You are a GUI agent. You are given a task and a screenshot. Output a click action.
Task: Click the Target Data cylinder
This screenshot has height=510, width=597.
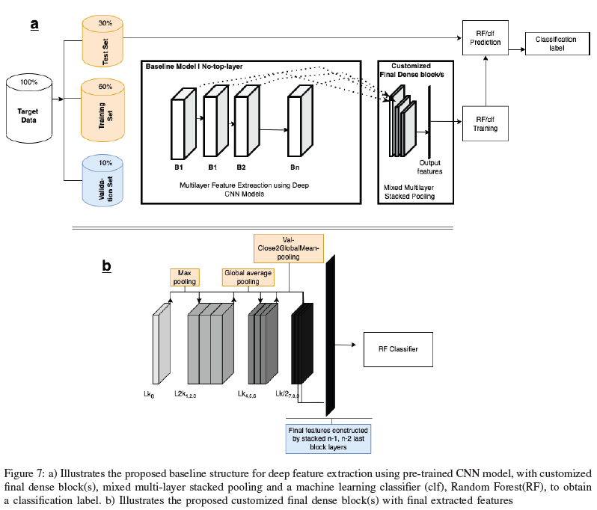[x=28, y=113]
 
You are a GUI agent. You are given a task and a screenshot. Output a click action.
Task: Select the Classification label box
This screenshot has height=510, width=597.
[x=553, y=43]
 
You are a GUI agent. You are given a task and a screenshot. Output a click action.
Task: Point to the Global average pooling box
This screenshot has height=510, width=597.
[x=248, y=277]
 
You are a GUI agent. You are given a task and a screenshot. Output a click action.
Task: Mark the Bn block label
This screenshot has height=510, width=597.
[x=296, y=168]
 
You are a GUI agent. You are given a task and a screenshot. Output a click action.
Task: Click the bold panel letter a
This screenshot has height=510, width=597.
[x=34, y=25]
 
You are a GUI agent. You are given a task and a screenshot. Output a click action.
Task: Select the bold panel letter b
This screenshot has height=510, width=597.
[x=106, y=265]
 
